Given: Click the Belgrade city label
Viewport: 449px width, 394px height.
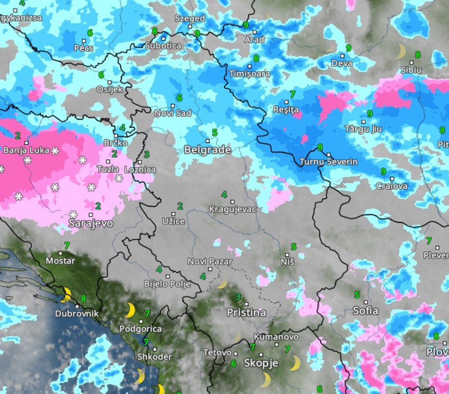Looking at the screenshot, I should [207, 150].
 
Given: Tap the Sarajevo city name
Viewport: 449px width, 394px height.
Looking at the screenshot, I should [91, 223].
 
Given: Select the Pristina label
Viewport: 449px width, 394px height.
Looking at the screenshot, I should [246, 313].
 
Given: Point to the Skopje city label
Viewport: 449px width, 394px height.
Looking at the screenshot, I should [261, 363].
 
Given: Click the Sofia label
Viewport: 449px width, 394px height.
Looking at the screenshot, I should [365, 310].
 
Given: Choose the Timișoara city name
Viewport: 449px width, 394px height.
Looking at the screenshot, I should [249, 74].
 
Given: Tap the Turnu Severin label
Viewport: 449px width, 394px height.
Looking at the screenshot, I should [328, 162].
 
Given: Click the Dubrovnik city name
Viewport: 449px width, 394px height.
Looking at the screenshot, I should [77, 313].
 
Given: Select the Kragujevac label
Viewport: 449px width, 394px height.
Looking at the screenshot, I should [232, 209].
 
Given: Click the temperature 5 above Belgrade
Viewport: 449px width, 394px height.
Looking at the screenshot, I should [214, 132].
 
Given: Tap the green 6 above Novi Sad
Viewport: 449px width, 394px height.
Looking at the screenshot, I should [180, 98].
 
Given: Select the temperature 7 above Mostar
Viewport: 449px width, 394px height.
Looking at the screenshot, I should [67, 245].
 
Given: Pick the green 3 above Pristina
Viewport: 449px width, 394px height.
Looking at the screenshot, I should [238, 297].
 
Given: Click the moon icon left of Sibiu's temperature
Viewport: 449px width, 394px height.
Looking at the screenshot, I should [401, 51].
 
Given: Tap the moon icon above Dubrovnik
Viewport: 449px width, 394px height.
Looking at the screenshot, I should [67, 294].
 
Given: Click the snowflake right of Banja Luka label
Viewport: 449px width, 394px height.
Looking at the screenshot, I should [54, 151].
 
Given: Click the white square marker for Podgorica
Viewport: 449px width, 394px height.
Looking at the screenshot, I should [141, 321].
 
